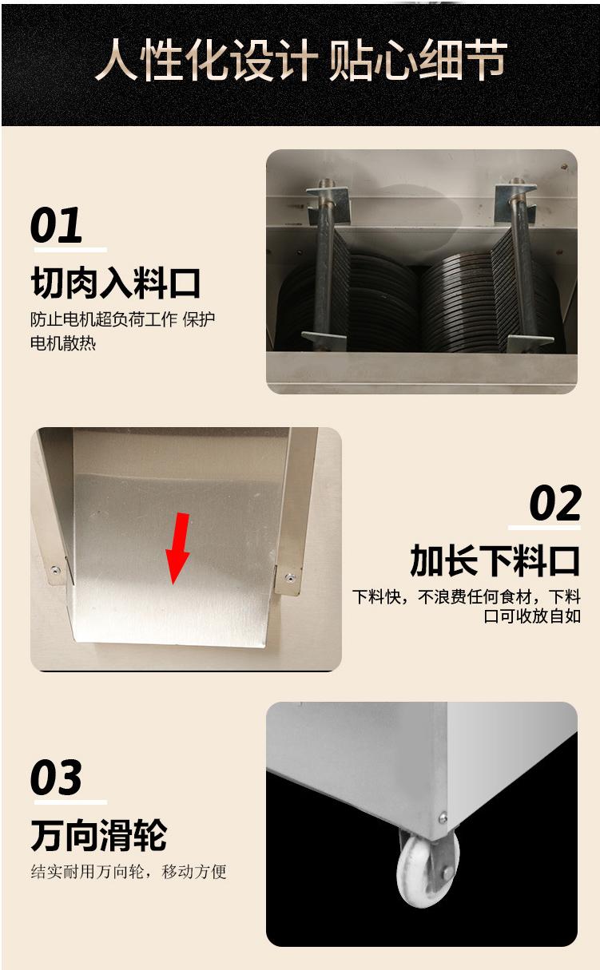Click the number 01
coord(56,224)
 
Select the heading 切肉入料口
coord(116,283)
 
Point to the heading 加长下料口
coord(495,560)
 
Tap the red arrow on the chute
coord(177,548)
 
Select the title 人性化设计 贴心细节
coord(300,60)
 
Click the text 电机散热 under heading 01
coord(63,343)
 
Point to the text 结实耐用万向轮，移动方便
coord(129,872)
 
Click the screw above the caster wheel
coord(443,818)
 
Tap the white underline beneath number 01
coord(70,250)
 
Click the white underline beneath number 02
coord(544,528)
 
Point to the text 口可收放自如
coord(532,616)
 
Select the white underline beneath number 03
coord(70,802)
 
